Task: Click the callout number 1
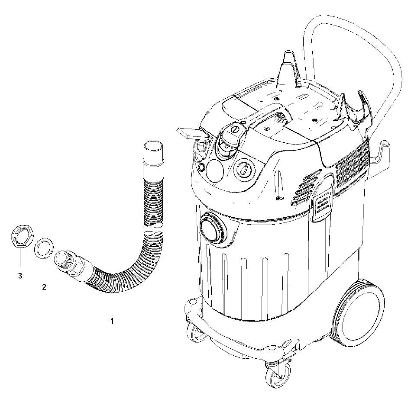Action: [112, 321]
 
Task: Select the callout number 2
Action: [44, 286]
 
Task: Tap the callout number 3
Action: [20, 275]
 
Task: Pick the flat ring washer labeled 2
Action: [44, 248]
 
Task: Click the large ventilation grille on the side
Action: [353, 163]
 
